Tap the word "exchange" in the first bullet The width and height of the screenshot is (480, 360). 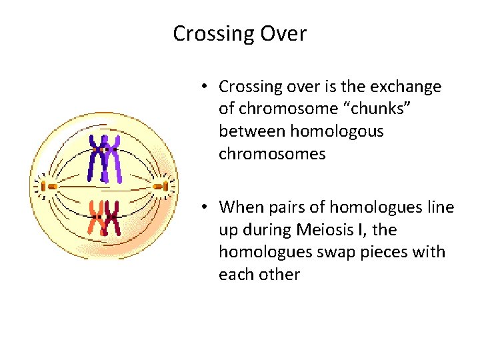point(409,87)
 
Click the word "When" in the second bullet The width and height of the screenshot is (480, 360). point(242,207)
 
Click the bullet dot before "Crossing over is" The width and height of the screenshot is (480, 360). point(208,87)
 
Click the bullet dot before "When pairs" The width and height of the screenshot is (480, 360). point(208,207)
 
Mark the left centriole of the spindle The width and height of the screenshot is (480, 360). point(45,186)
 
